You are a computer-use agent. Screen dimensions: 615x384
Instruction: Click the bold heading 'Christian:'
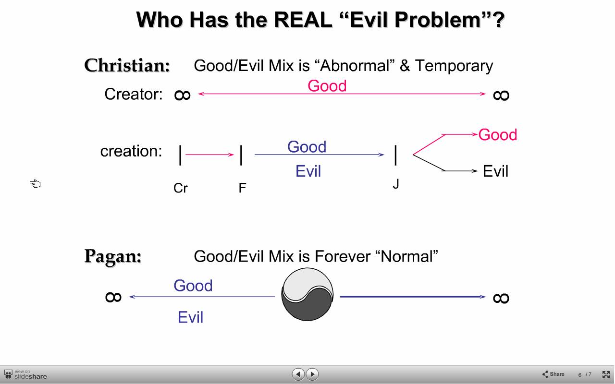coord(127,66)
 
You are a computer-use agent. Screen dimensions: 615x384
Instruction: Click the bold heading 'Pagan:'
coord(113,257)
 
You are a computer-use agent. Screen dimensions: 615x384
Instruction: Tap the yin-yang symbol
coord(307,294)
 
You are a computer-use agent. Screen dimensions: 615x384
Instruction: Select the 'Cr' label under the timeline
coord(181,188)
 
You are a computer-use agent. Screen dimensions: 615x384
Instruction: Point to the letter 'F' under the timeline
coord(243,188)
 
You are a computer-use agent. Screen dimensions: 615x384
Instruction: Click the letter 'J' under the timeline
coord(395,184)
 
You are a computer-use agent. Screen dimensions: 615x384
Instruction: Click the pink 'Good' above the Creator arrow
coord(327,86)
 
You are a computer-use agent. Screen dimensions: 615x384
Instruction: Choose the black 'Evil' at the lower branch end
coord(495,171)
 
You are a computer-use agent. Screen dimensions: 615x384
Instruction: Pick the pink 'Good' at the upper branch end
coord(497,135)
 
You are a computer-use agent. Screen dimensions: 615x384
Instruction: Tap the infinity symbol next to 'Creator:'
coord(182,96)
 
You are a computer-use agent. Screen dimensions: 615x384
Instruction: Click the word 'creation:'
coord(131,151)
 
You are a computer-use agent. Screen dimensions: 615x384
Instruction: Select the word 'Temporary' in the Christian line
coord(454,66)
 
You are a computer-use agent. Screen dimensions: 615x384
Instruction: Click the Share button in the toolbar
coord(553,374)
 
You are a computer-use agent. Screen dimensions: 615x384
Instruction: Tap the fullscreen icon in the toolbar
coord(606,374)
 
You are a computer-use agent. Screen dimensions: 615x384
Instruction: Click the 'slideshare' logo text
coord(30,376)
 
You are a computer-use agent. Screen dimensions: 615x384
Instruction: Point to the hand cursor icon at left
coord(35,183)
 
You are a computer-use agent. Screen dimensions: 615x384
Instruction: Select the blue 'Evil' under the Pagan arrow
coord(191,317)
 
